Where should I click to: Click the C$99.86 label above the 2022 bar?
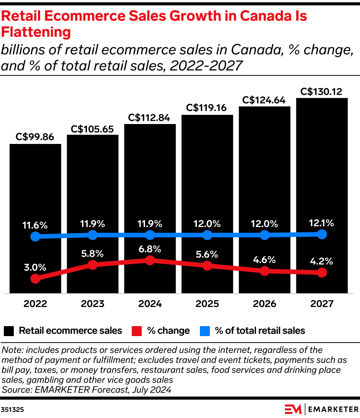click(x=35, y=137)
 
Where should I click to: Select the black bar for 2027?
click(x=322, y=161)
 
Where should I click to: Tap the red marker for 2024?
click(x=150, y=260)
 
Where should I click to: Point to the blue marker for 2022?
click(x=35, y=237)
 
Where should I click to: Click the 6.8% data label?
click(x=150, y=249)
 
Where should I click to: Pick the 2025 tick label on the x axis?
click(x=207, y=304)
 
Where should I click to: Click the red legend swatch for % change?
click(x=137, y=331)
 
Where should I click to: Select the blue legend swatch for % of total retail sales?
click(x=205, y=331)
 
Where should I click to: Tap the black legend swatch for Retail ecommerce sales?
click(x=9, y=331)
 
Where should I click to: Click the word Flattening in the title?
click(x=36, y=32)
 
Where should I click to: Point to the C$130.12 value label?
click(x=322, y=91)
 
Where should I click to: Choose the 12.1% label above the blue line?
click(x=322, y=223)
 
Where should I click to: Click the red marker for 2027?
click(x=322, y=273)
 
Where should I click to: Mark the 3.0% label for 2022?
click(x=35, y=267)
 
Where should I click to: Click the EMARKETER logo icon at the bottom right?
click(x=294, y=409)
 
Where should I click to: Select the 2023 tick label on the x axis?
click(x=92, y=304)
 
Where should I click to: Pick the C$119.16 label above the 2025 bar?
click(x=207, y=108)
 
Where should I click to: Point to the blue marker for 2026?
click(x=265, y=235)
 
